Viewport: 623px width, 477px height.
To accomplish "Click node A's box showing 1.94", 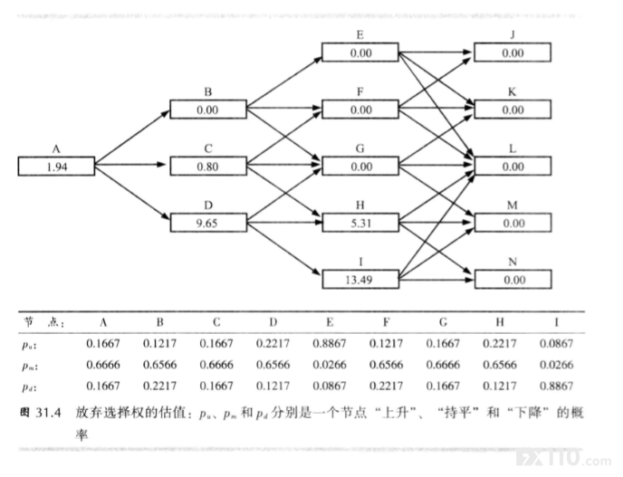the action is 56,166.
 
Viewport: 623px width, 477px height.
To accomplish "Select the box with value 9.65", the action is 208,223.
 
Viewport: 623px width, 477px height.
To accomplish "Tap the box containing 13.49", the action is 360,279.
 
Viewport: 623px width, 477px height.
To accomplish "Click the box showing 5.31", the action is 360,223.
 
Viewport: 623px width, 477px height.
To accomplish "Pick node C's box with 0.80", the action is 208,166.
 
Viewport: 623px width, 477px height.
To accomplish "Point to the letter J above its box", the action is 513,35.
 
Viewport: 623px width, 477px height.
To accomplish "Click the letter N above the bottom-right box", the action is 513,262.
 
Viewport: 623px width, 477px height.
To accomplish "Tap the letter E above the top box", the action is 360,35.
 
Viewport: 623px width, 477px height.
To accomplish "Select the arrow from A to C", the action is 129,165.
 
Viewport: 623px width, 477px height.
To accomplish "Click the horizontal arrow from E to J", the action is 435,52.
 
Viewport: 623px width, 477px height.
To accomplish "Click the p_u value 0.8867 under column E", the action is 330,343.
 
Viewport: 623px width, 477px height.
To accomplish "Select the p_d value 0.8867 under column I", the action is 556,386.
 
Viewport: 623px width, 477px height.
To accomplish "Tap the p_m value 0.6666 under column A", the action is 103,365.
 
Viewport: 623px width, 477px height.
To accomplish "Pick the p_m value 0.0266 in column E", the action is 330,365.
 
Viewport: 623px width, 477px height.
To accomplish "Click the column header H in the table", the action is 500,322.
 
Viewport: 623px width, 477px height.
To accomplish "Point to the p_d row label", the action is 29,386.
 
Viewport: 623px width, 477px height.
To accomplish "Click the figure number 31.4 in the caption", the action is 49,413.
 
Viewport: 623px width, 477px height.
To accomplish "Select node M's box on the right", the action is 513,223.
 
